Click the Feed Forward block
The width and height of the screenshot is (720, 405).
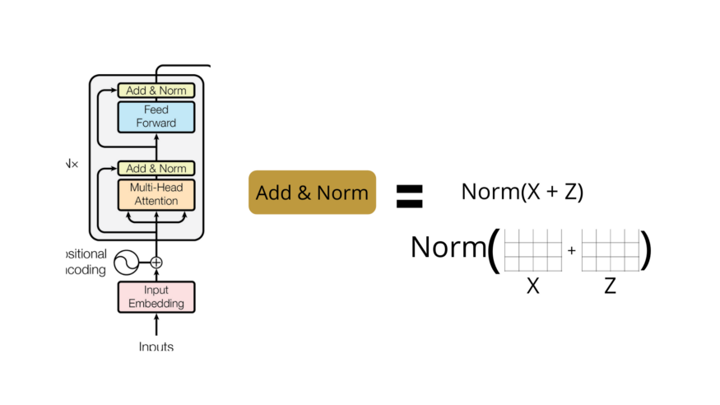[156, 116]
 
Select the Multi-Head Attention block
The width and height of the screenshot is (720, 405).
[156, 193]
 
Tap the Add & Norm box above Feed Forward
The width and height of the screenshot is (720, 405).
[156, 91]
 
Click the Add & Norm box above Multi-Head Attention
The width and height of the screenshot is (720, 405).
[156, 168]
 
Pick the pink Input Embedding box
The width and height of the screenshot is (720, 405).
[156, 296]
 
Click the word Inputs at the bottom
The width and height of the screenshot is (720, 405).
[156, 347]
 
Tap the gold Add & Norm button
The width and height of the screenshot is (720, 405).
[312, 193]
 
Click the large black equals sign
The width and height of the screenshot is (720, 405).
[409, 195]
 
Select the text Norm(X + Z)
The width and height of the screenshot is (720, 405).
[522, 192]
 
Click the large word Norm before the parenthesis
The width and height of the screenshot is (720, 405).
[448, 246]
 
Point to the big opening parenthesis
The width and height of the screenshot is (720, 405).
[494, 249]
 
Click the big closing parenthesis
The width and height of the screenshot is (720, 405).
[646, 249]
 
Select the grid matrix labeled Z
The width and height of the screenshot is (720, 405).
[610, 250]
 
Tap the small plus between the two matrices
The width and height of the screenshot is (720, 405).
[571, 250]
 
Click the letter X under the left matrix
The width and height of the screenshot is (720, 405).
[532, 286]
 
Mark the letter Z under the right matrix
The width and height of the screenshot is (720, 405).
[610, 286]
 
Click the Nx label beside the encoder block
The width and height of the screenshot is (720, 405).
[72, 164]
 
